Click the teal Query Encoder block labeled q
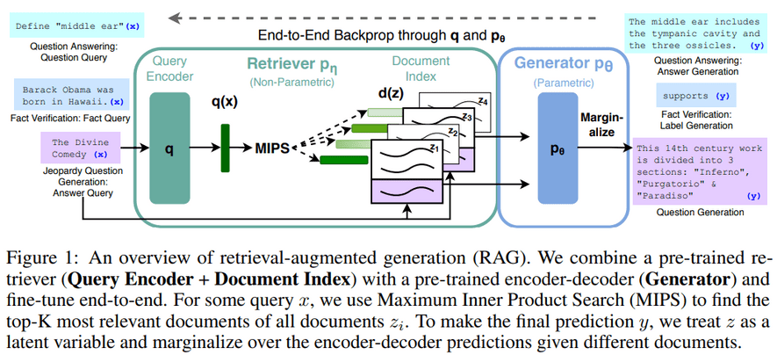coord(169,150)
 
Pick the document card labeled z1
coord(409,163)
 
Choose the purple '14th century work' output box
coord(699,171)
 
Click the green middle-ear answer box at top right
coord(699,33)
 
